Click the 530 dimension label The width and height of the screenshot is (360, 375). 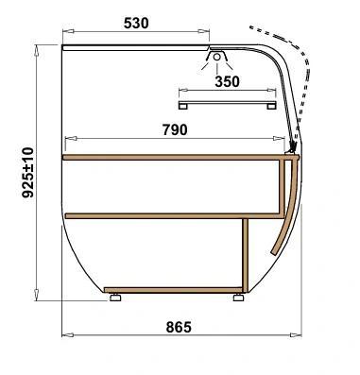coord(136,23)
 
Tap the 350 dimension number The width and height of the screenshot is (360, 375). coord(227,81)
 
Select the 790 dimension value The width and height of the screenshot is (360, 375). coord(175,129)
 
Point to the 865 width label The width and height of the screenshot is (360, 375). coord(179,327)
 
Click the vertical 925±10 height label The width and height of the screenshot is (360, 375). coord(27,172)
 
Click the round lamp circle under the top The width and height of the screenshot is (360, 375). coord(216,57)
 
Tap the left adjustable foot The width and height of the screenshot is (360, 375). coord(115,297)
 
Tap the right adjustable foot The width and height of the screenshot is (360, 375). coord(238,297)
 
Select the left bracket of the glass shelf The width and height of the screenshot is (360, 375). coord(182,106)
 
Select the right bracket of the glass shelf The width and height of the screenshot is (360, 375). coord(271,106)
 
